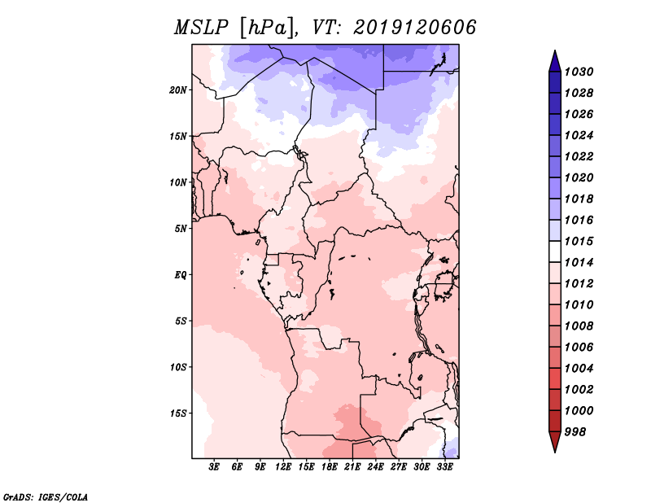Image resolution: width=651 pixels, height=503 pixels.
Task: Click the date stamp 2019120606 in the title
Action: coord(415,27)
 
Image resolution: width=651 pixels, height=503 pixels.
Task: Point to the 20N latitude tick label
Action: coord(178,90)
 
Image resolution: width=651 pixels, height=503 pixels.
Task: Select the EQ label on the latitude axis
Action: coord(181,275)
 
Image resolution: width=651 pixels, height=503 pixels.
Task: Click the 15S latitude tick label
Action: coord(178,413)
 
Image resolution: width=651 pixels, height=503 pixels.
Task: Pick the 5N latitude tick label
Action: coord(181,229)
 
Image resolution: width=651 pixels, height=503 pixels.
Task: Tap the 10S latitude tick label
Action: coord(178,367)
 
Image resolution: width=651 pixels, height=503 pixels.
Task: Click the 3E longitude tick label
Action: coord(215,468)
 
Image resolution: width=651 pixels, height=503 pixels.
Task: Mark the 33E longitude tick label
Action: coord(445,468)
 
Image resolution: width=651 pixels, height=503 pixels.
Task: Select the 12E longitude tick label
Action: coord(284,468)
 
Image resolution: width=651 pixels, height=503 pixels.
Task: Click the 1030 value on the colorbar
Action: coord(581,72)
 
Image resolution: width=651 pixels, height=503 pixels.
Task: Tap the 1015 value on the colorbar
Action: coord(581,241)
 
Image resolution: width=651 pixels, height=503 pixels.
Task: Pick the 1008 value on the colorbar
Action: coord(581,326)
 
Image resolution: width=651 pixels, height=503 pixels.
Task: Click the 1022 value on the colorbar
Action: coord(581,156)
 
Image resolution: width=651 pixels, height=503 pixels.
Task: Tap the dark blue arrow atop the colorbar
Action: coord(554,60)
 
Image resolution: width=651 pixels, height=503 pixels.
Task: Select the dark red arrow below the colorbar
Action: coord(554,442)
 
